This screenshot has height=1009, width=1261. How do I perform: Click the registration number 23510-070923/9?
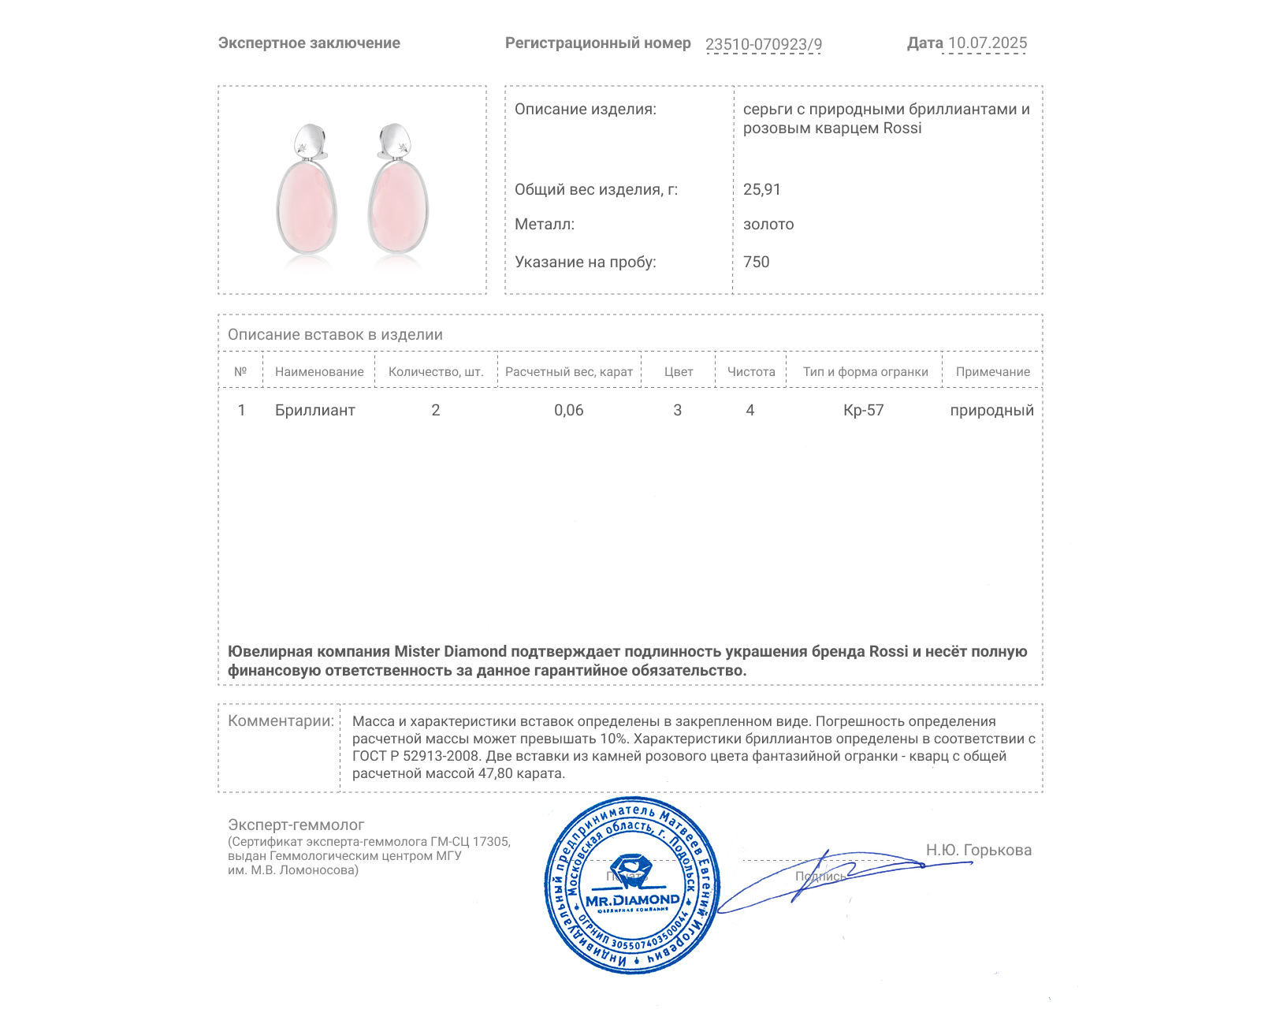pos(763,44)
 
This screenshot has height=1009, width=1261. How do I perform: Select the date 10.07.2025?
pos(987,43)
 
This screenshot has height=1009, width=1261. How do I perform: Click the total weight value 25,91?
pos(761,189)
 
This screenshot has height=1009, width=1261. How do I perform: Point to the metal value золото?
pos(768,225)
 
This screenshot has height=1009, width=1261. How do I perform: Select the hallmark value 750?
pos(756,262)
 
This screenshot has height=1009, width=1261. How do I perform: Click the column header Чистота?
pos(751,372)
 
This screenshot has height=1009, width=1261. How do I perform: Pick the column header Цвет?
pos(678,372)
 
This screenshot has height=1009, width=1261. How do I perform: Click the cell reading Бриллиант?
pos(314,410)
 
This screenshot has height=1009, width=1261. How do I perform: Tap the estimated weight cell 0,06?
pos(568,410)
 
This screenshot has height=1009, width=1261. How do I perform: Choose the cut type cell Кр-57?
pos(863,410)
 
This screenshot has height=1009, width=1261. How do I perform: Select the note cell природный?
pos(991,410)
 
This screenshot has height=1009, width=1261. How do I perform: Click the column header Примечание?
pos(992,372)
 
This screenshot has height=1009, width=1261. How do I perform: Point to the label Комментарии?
pos(281,720)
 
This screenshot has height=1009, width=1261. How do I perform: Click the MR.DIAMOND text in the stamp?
pos(632,900)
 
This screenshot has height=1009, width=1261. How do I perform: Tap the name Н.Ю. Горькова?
pos(978,850)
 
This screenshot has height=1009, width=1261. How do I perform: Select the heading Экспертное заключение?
pos(309,43)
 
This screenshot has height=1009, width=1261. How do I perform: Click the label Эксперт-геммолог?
pos(296,825)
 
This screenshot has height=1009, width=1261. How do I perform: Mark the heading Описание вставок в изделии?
pos(335,334)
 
